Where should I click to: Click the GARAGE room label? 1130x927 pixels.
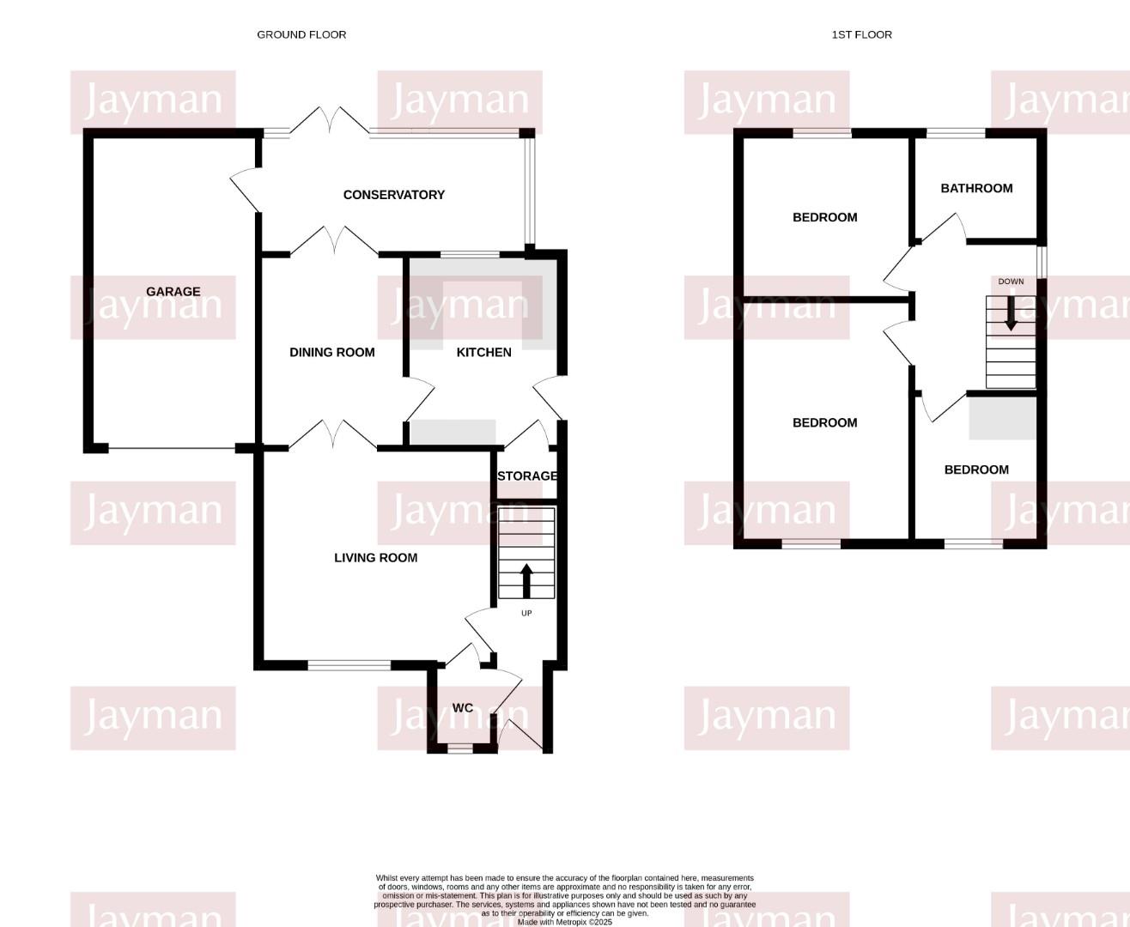[x=173, y=292]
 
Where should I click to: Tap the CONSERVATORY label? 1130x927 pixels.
[x=394, y=195]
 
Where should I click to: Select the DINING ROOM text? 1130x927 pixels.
[x=332, y=353]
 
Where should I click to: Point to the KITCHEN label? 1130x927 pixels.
[x=483, y=353]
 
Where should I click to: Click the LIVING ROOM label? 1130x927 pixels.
[x=375, y=558]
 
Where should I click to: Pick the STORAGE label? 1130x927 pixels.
[x=527, y=476]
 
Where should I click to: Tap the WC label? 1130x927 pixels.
[x=463, y=708]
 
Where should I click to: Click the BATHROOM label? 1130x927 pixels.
[x=977, y=189]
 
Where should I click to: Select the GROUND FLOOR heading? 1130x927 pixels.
[x=301, y=35]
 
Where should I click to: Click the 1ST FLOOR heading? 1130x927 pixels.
[x=861, y=35]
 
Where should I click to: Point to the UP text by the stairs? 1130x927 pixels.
[x=526, y=613]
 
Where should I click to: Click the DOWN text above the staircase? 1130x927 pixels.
[x=1011, y=282]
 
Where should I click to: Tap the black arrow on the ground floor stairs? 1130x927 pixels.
[x=526, y=581]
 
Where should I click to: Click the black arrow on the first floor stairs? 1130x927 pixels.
[x=1011, y=313]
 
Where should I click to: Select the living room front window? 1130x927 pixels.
[x=349, y=665]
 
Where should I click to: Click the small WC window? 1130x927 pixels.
[x=460, y=748]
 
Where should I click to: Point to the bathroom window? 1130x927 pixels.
[x=956, y=133]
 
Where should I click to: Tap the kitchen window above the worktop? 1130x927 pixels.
[x=470, y=254]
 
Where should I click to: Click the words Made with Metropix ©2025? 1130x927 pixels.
[x=565, y=922]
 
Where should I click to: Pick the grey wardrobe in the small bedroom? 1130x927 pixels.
[x=1002, y=418]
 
